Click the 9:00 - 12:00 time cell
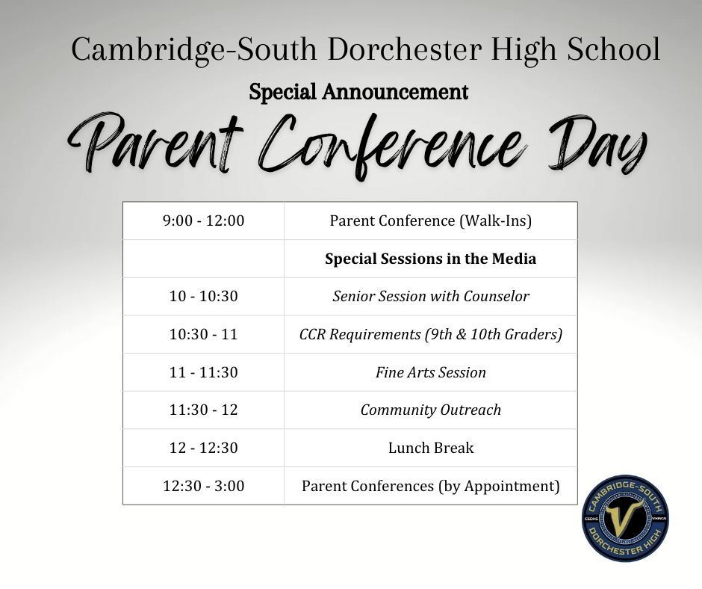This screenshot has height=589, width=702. point(203,221)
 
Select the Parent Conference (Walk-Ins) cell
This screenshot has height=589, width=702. point(430,221)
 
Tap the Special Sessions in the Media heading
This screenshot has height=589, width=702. point(430,259)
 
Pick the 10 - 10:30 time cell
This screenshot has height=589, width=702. point(203,296)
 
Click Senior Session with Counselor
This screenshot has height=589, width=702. point(430,296)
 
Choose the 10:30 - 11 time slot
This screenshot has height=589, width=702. point(203,334)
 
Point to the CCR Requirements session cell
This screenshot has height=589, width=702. point(430,334)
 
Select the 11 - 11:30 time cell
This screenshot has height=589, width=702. point(203,372)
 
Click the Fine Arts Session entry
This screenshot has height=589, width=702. point(430,372)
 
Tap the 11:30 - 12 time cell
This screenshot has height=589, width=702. point(203,410)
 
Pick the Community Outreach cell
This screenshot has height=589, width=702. point(430,410)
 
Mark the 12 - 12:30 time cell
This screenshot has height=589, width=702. point(203,448)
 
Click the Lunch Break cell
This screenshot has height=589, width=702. point(430,448)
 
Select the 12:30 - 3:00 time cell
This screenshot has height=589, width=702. point(203,486)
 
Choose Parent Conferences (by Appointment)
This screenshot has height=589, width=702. point(430,486)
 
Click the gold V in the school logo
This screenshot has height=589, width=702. point(624,517)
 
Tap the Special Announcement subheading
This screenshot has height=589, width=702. point(358,92)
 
